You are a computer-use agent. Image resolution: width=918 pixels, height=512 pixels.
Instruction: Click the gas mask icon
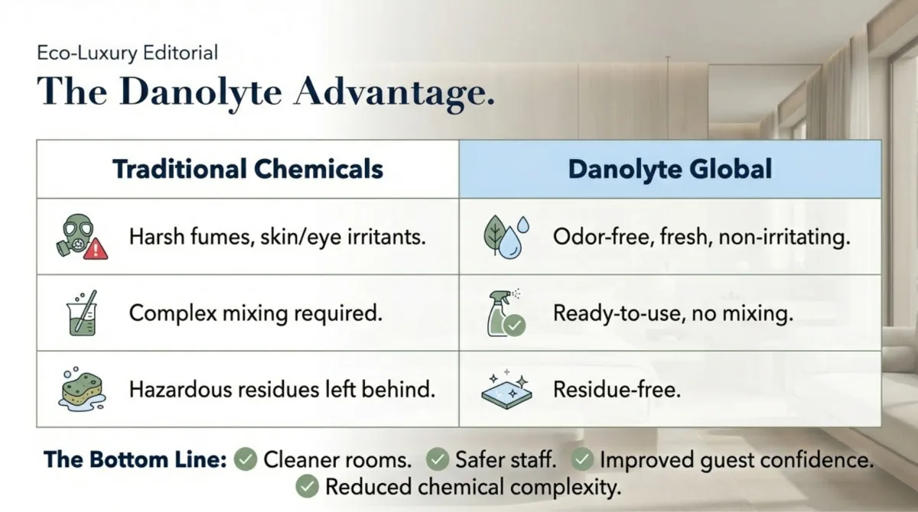click(76, 234)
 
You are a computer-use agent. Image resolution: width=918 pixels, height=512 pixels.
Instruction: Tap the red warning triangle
click(96, 248)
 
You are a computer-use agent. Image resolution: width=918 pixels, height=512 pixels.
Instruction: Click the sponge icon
click(80, 390)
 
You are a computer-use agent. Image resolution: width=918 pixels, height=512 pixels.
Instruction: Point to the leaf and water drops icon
click(506, 235)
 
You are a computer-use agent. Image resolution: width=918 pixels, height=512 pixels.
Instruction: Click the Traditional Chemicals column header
click(248, 169)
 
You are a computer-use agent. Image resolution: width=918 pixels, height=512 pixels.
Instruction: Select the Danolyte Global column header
click(670, 169)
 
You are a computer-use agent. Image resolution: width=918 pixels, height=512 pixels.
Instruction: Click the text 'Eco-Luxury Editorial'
click(128, 53)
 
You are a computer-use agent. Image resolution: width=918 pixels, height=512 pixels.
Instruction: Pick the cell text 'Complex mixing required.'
click(256, 313)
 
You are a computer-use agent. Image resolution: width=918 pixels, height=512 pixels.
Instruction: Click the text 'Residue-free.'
click(617, 390)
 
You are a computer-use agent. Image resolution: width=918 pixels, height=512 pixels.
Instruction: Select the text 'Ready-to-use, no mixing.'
click(672, 313)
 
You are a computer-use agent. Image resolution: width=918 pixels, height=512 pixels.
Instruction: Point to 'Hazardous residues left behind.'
click(282, 390)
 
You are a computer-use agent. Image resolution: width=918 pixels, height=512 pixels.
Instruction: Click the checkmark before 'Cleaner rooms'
click(245, 459)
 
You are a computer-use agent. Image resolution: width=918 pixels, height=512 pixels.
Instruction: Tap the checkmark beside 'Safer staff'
click(437, 459)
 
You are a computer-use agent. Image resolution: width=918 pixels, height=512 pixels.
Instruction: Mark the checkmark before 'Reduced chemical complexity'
click(307, 486)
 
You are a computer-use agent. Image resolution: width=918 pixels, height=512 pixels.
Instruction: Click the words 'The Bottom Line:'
click(135, 459)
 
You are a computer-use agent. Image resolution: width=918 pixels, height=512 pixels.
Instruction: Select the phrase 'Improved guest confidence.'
click(736, 459)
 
